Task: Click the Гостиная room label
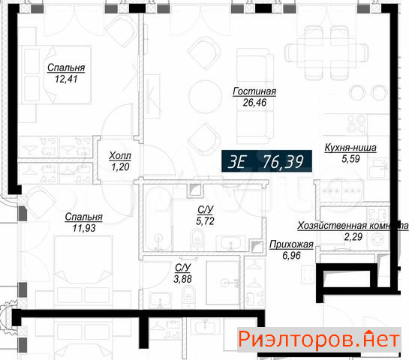tap(254, 91)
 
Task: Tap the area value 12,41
tap(66, 79)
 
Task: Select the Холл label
tap(120, 156)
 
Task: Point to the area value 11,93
tap(84, 228)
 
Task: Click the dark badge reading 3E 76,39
tap(266, 161)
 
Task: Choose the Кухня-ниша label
tap(350, 148)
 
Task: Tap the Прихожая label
tap(291, 244)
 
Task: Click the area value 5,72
tap(205, 221)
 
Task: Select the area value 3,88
tap(182, 279)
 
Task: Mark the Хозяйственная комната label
tap(353, 226)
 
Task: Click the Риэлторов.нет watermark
tap(319, 340)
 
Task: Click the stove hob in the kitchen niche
tap(356, 124)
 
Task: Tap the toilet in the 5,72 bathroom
tap(197, 239)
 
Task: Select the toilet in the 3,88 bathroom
tap(188, 295)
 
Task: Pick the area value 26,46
tap(254, 103)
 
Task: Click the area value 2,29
tap(353, 237)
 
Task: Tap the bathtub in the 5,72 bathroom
tap(158, 218)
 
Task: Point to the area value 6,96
tap(291, 256)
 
